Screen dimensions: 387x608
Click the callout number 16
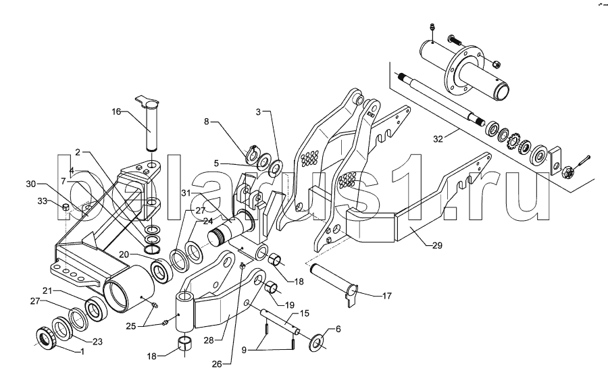coord(117,112)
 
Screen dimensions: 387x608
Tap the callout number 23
coord(97,342)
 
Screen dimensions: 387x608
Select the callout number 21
coord(48,290)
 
